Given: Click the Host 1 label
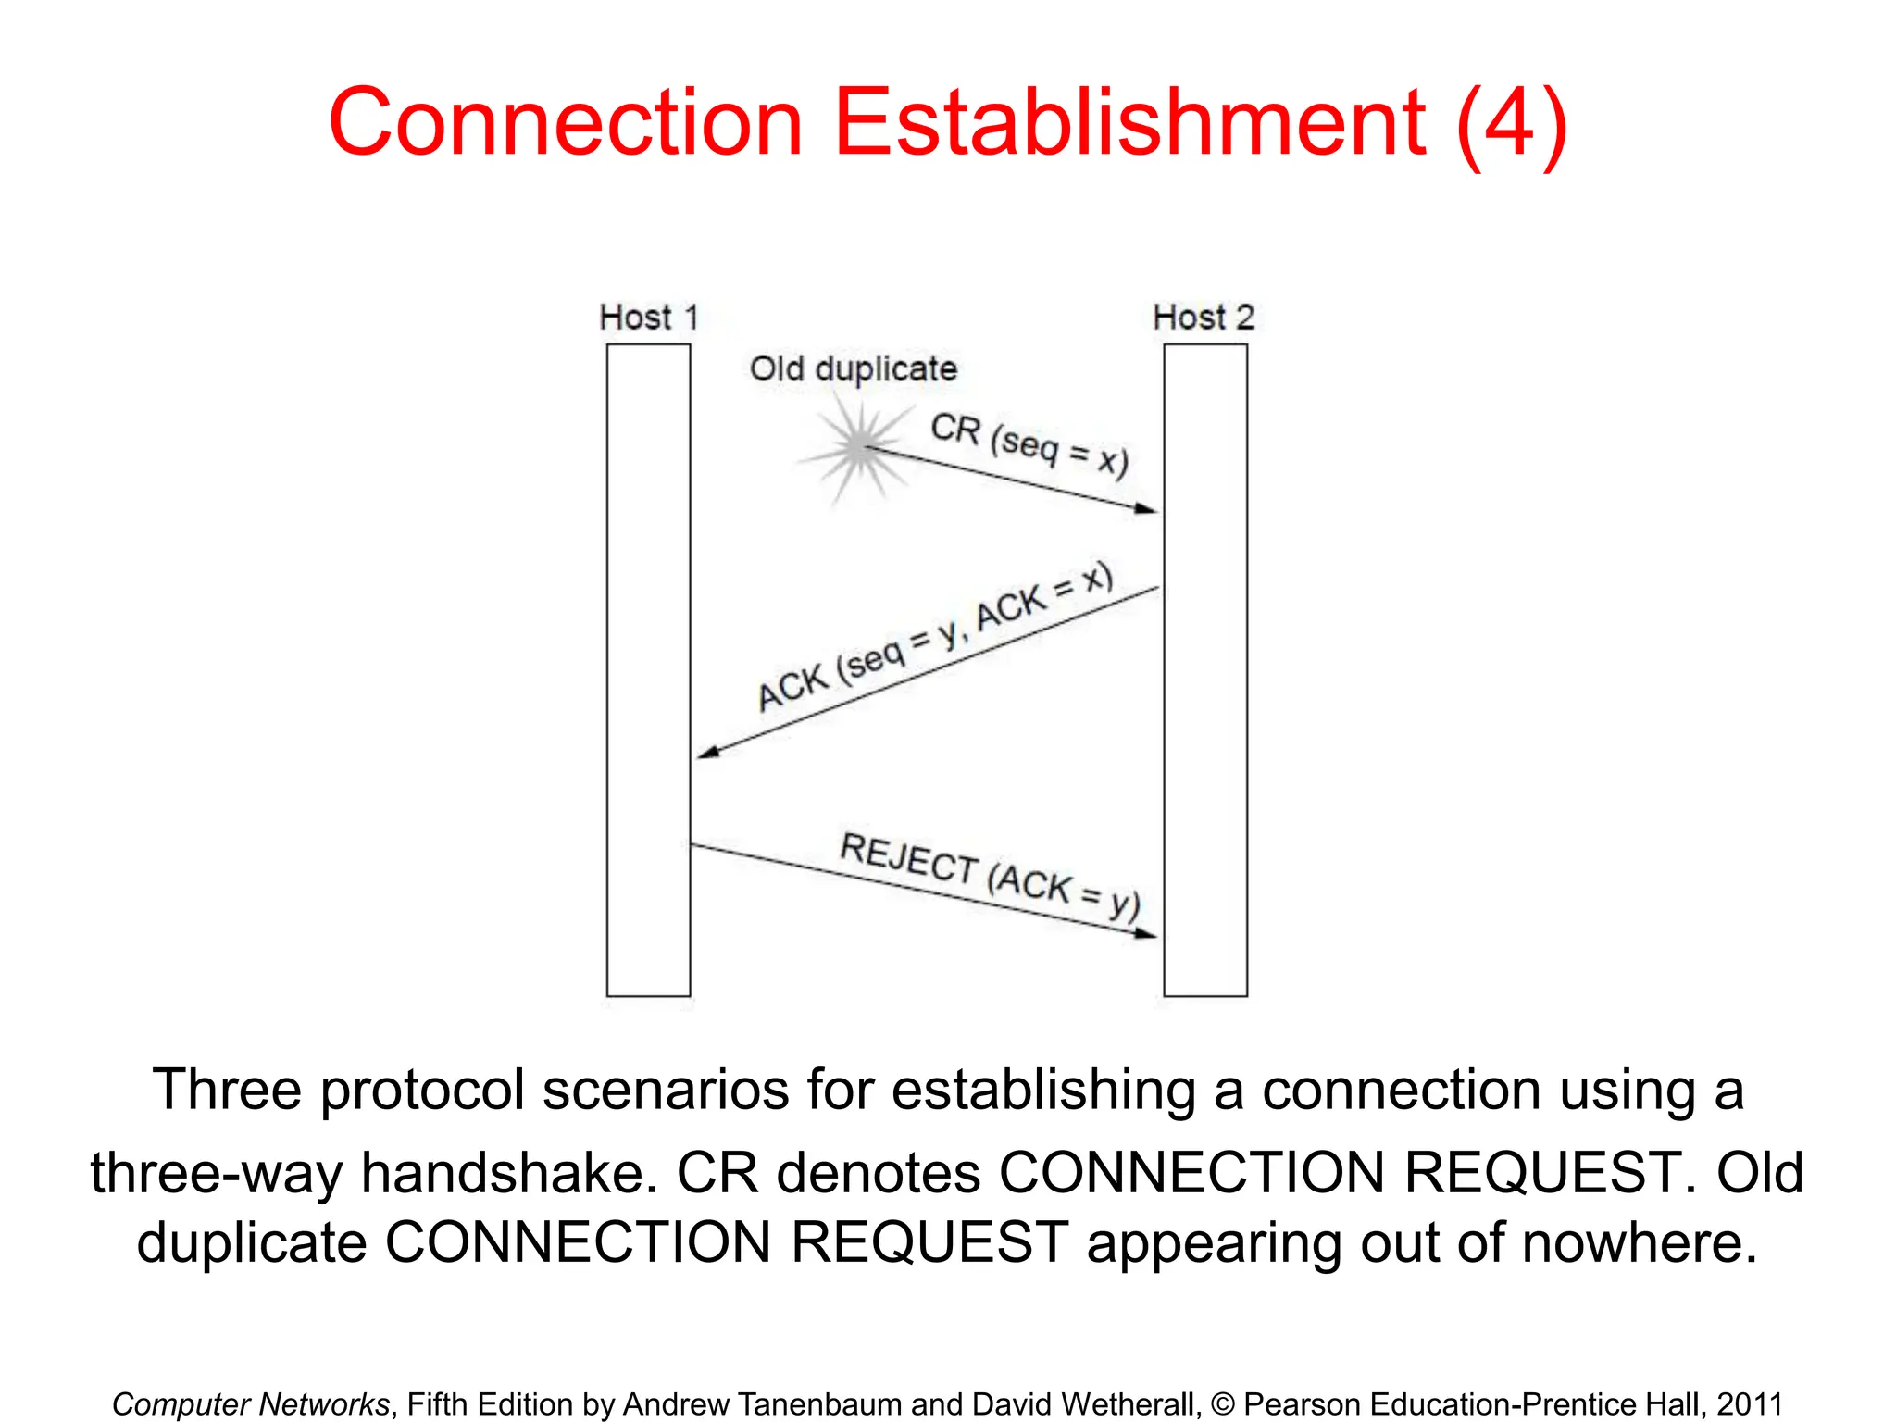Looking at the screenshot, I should pyautogui.click(x=648, y=318).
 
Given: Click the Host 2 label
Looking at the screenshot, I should pyautogui.click(x=1203, y=318).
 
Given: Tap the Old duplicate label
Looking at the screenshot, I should pyautogui.click(x=853, y=368).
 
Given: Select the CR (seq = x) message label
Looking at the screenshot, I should pyautogui.click(x=1029, y=444).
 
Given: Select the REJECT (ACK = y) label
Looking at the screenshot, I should pyautogui.click(x=989, y=875).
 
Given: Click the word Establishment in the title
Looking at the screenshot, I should pyautogui.click(x=1130, y=122).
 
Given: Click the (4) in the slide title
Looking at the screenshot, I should pyautogui.click(x=1511, y=124).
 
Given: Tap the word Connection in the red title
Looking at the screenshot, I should pyautogui.click(x=566, y=122).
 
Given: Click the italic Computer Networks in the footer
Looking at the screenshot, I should pyautogui.click(x=251, y=1403).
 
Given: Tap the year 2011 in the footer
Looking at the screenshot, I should pyautogui.click(x=1749, y=1403).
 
